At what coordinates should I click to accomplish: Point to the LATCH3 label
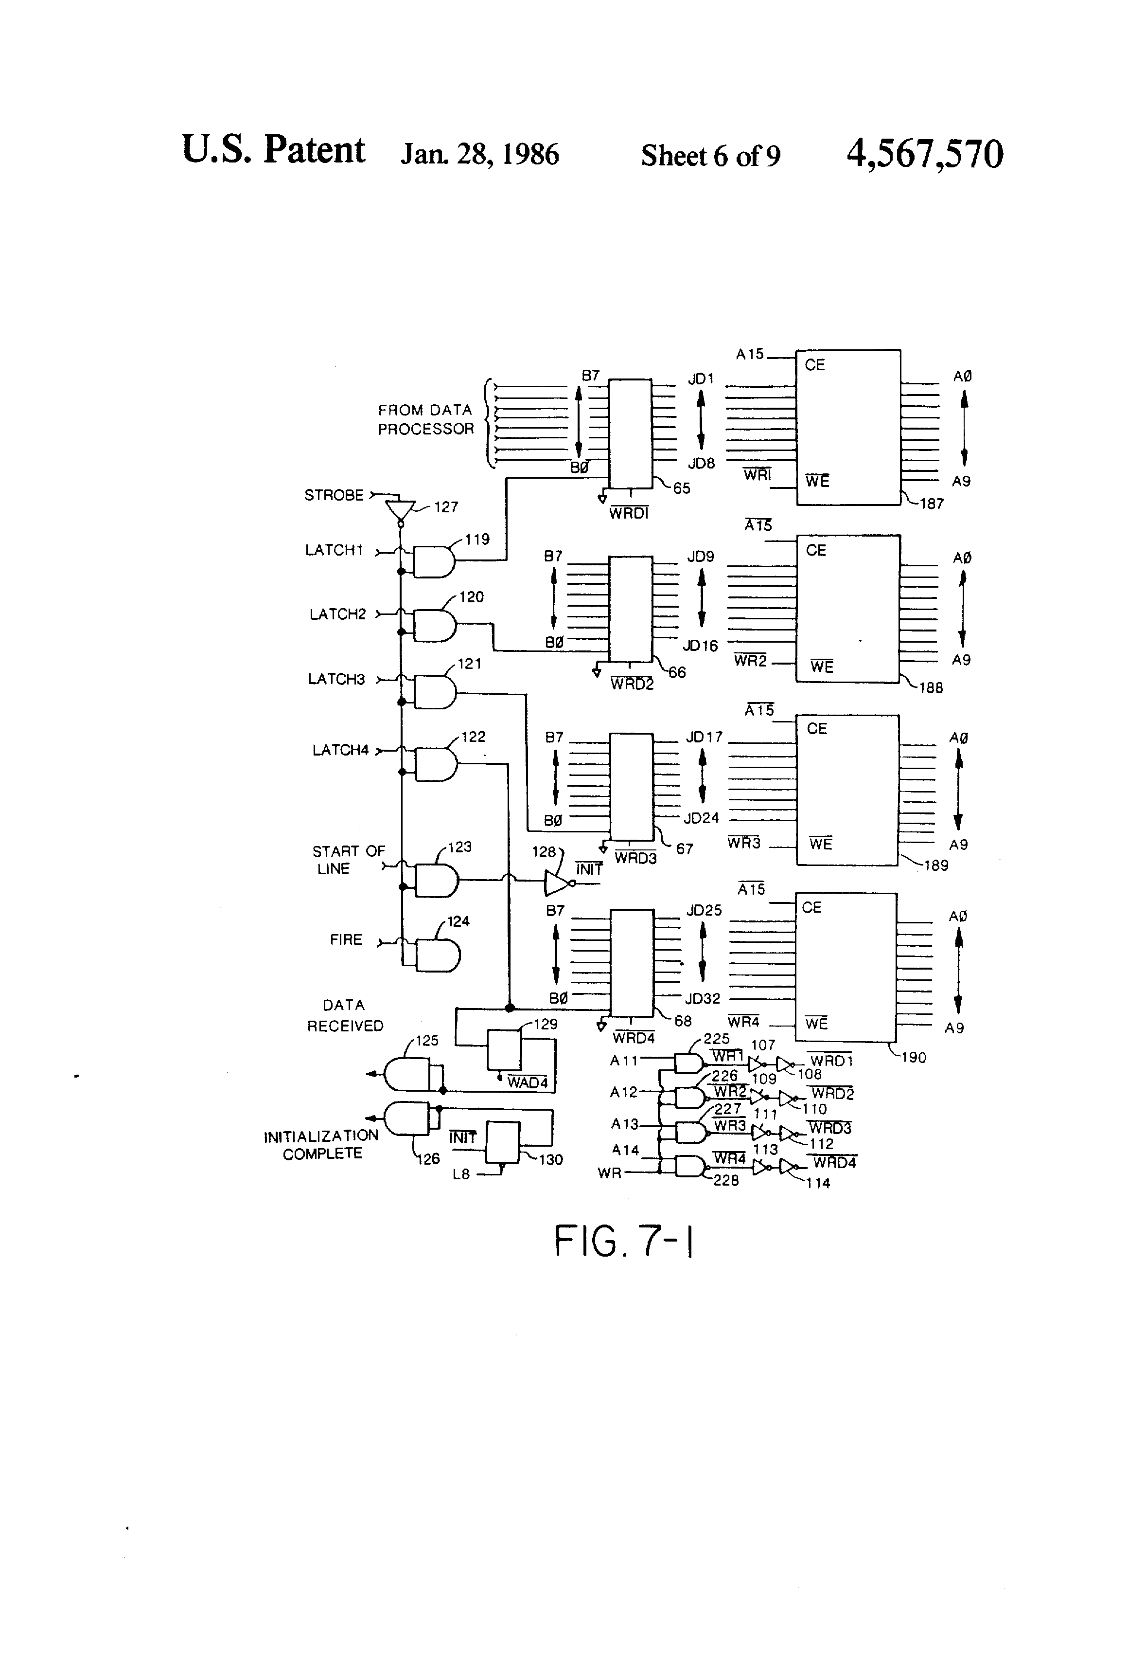pyautogui.click(x=336, y=679)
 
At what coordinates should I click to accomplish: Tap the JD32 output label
pyautogui.click(x=703, y=999)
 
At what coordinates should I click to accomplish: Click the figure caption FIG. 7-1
pyautogui.click(x=624, y=1242)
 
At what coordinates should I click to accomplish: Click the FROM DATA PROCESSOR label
pyautogui.click(x=425, y=419)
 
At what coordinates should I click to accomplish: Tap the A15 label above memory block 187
pyautogui.click(x=749, y=354)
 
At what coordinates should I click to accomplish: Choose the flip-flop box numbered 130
pyautogui.click(x=503, y=1142)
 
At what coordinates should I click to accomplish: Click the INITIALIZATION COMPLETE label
pyautogui.click(x=321, y=1144)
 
